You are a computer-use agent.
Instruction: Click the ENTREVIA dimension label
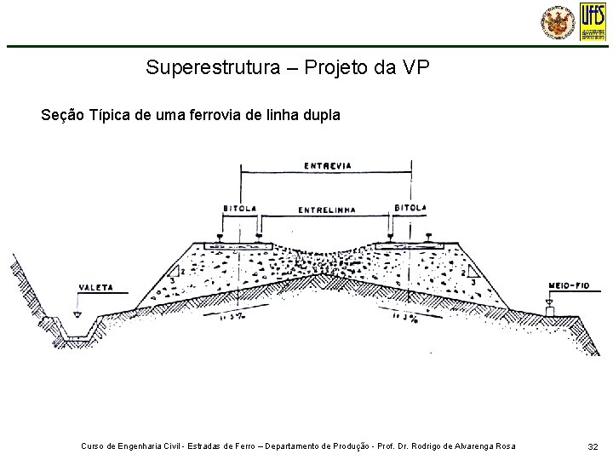pyautogui.click(x=328, y=165)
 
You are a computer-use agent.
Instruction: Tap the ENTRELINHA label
pyautogui.click(x=327, y=210)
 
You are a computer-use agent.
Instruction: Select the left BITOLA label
pyautogui.click(x=239, y=207)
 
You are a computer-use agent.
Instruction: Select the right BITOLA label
pyautogui.click(x=411, y=207)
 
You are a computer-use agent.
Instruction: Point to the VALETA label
pyautogui.click(x=95, y=287)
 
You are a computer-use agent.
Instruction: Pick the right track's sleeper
pyautogui.click(x=410, y=245)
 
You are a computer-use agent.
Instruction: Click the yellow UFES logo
pyautogui.click(x=593, y=20)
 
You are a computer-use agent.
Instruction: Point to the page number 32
pyautogui.click(x=593, y=446)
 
